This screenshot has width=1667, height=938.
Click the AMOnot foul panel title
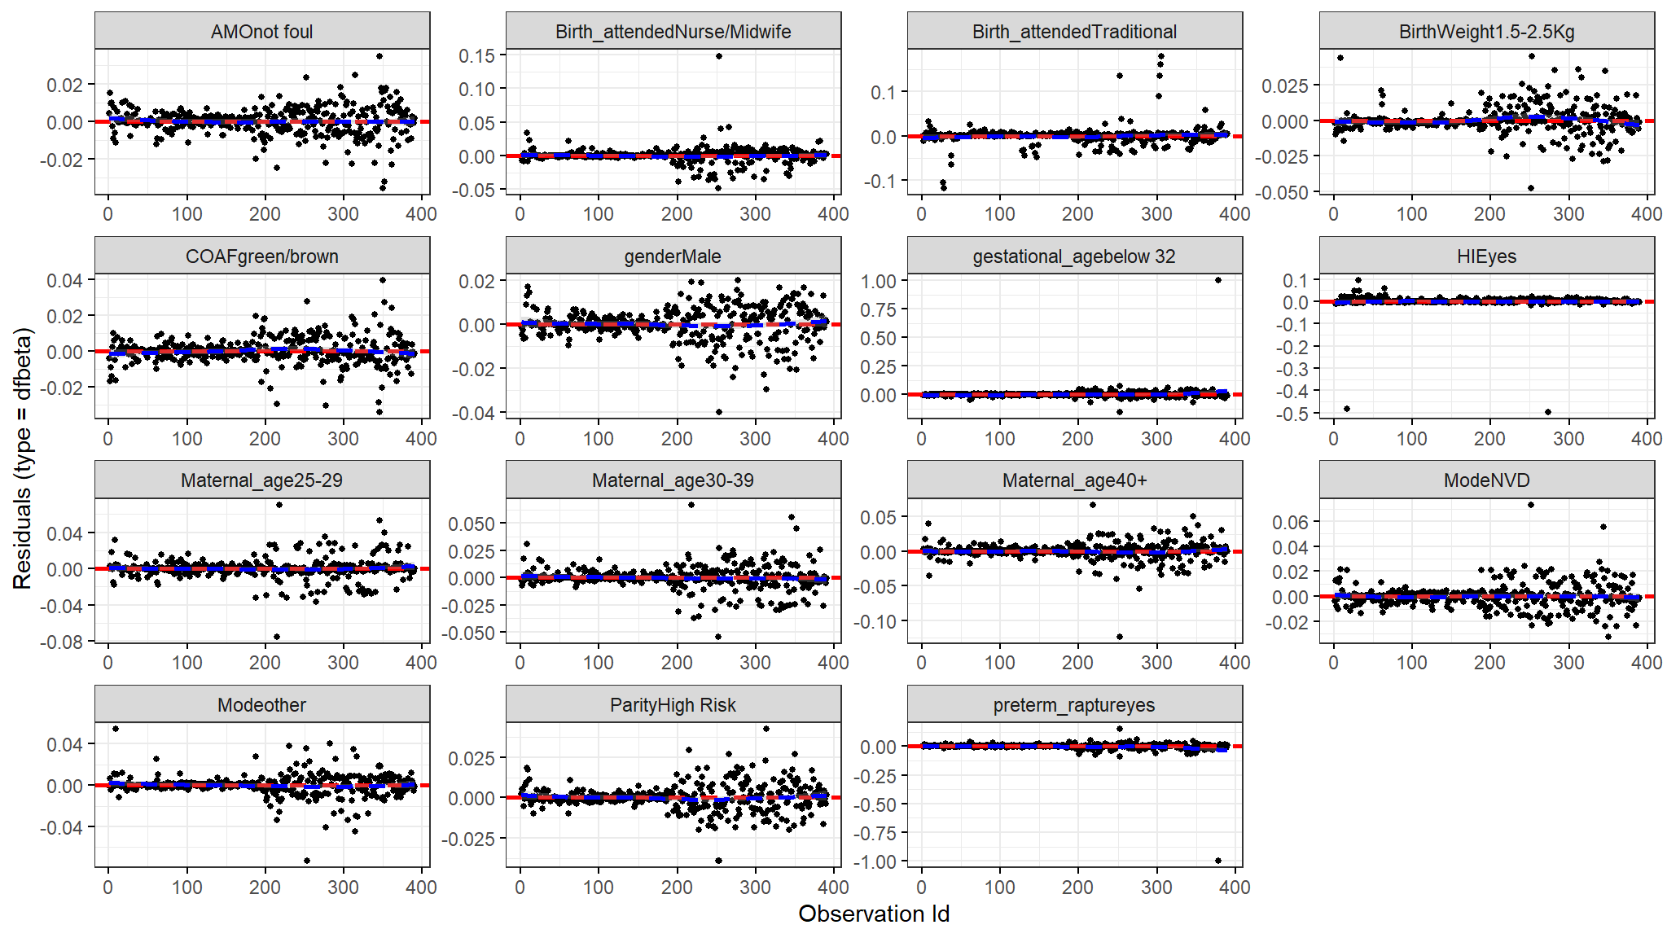(x=261, y=32)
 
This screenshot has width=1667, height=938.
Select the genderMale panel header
(x=673, y=256)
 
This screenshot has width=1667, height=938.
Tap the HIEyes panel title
(x=1486, y=256)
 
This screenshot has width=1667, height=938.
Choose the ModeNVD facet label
(x=1486, y=480)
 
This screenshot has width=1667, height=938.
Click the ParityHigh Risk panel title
(x=673, y=705)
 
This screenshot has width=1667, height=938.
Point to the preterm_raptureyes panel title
(x=1074, y=705)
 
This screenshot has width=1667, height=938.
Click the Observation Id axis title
(x=874, y=914)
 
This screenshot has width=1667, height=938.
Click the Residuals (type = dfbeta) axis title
(x=22, y=458)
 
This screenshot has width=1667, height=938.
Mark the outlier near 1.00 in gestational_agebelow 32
(x=1218, y=280)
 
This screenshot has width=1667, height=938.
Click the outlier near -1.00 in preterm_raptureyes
(x=1218, y=861)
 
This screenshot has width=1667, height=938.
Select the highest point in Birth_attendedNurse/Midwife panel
(x=719, y=56)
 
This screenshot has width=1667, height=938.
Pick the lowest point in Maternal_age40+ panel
(x=1120, y=637)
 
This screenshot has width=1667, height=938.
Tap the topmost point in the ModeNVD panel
(x=1531, y=505)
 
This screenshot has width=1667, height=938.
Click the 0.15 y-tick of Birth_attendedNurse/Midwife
(x=476, y=56)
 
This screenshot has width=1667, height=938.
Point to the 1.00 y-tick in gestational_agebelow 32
(x=879, y=281)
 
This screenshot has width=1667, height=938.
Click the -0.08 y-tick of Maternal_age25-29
(x=64, y=642)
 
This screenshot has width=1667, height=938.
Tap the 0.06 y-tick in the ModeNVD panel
(x=1291, y=522)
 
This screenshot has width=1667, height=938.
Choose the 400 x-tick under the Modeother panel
(x=421, y=888)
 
